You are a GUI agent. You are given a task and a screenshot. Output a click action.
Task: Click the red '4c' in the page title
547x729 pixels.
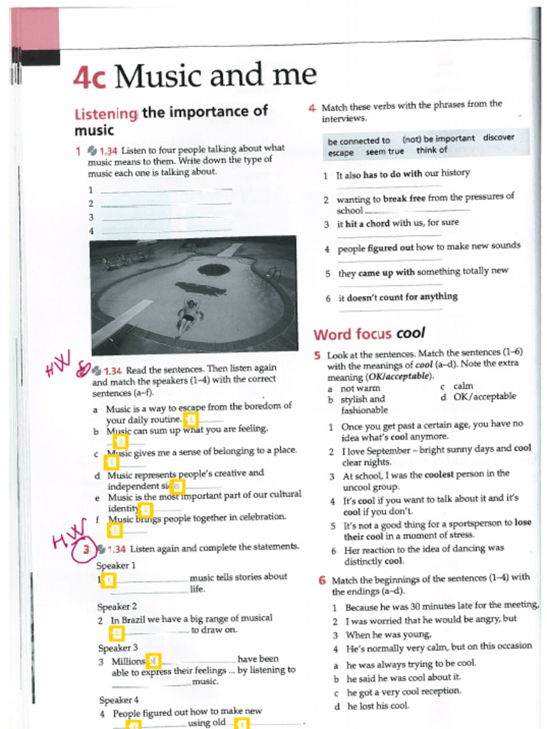pyautogui.click(x=90, y=77)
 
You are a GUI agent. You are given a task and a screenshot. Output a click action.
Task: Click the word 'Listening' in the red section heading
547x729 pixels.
pyautogui.click(x=105, y=113)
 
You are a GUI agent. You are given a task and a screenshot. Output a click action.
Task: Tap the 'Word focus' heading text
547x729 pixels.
pyautogui.click(x=352, y=334)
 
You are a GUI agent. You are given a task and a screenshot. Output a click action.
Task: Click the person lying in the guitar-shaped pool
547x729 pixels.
pyautogui.click(x=188, y=314)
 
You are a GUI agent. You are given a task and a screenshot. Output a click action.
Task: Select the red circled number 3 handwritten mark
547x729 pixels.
pyautogui.click(x=86, y=549)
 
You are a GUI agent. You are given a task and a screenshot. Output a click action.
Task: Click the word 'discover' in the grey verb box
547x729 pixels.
pyautogui.click(x=498, y=137)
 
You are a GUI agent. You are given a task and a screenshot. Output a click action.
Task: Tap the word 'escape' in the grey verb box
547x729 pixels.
pyautogui.click(x=340, y=152)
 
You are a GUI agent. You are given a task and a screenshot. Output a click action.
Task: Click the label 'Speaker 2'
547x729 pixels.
pyautogui.click(x=117, y=607)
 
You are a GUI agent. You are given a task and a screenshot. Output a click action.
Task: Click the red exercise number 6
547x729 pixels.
pyautogui.click(x=321, y=579)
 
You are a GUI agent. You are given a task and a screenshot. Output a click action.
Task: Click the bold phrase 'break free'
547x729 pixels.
pyautogui.click(x=405, y=199)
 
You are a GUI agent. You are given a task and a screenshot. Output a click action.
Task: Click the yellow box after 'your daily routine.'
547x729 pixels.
pyautogui.click(x=191, y=419)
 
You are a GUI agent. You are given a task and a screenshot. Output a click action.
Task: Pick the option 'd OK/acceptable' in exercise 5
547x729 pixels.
pyautogui.click(x=478, y=397)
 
